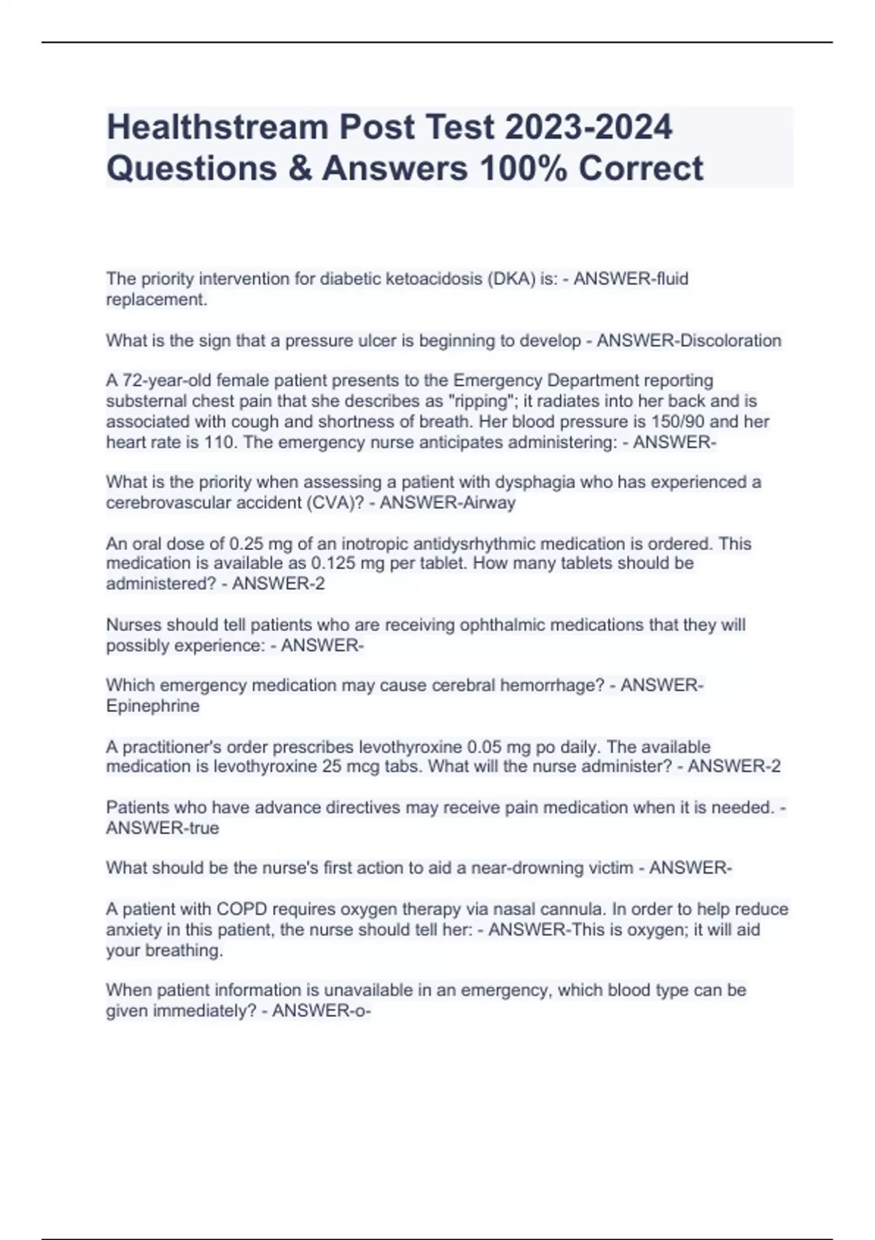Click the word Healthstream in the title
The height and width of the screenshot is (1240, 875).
click(x=216, y=128)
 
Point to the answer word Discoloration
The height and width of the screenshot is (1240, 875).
click(x=730, y=341)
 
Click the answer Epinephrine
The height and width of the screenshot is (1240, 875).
click(x=152, y=706)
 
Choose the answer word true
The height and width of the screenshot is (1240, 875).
click(x=204, y=828)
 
